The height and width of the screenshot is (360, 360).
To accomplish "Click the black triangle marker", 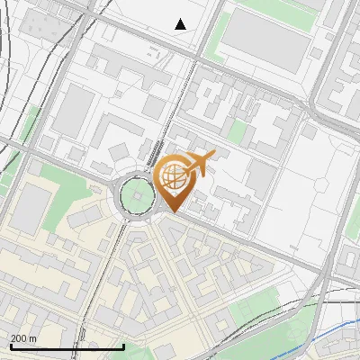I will pyautogui.click(x=181, y=24).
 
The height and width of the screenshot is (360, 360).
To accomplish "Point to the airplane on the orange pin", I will pyautogui.click(x=199, y=164).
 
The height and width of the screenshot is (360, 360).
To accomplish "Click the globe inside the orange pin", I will pyautogui.click(x=174, y=176).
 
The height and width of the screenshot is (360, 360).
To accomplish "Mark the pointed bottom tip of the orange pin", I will pyautogui.click(x=171, y=212).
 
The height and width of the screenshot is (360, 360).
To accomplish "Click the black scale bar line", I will pyautogui.click(x=67, y=346).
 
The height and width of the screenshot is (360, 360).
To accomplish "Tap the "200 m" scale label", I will pyautogui.click(x=23, y=338).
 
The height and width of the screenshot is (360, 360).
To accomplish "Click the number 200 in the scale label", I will pyautogui.click(x=19, y=338).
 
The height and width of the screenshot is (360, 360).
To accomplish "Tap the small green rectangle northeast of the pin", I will pyautogui.click(x=238, y=132).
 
